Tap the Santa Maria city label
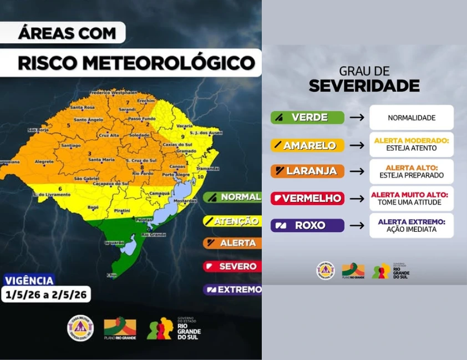click(x=101, y=160)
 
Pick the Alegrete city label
click(x=44, y=162)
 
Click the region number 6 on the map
click(x=59, y=189)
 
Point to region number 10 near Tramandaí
click(x=200, y=176)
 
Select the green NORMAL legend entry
click(x=232, y=197)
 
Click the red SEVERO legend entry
click(x=232, y=266)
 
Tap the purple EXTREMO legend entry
click(x=232, y=290)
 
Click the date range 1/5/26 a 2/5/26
click(x=46, y=295)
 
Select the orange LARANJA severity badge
click(x=307, y=171)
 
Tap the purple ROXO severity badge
click(x=307, y=225)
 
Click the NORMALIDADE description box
click(x=412, y=118)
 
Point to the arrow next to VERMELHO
click(x=357, y=199)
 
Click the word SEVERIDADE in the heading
click(x=364, y=86)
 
